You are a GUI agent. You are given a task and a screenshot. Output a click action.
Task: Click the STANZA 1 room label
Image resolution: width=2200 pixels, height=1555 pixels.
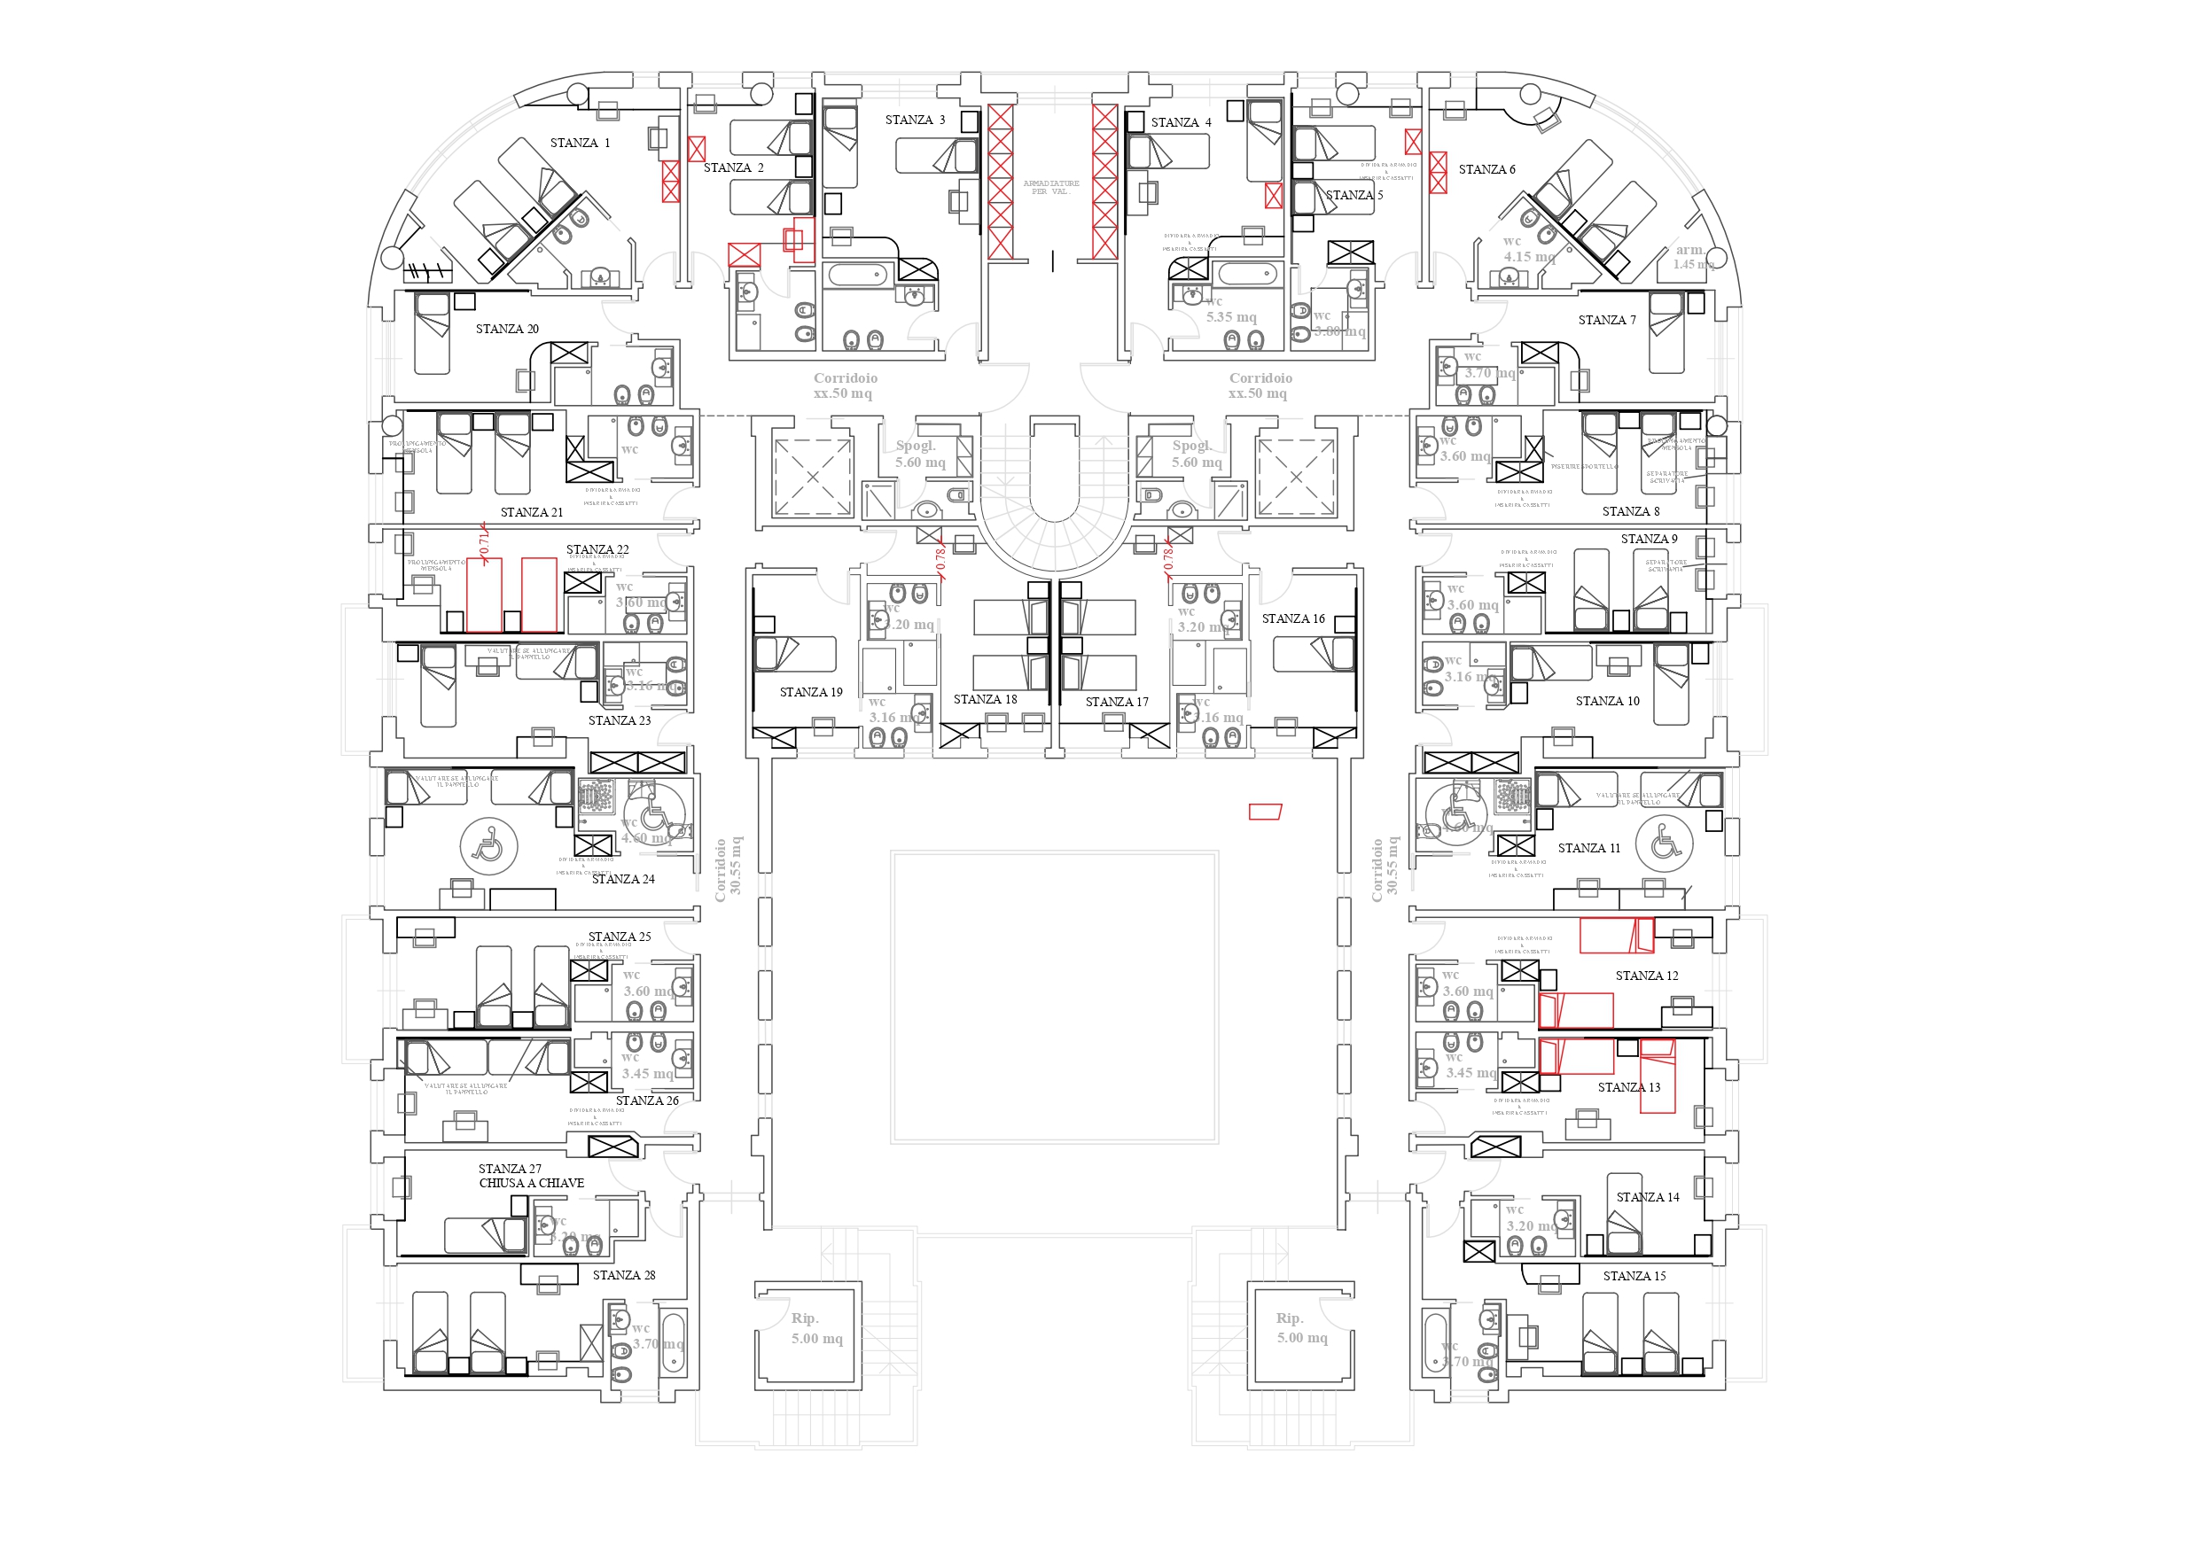point(579,143)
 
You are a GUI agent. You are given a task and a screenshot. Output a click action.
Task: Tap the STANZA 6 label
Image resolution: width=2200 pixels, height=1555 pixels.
point(1486,169)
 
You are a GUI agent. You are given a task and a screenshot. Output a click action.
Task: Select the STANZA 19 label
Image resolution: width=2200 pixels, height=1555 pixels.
point(811,692)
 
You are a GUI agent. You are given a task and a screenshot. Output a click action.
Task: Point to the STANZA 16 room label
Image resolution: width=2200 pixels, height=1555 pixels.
point(1292,619)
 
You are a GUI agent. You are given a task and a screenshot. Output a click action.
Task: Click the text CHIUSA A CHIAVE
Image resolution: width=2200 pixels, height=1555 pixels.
point(531,1183)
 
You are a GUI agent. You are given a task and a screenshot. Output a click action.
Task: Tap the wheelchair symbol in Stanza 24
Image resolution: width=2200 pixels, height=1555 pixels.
point(488,845)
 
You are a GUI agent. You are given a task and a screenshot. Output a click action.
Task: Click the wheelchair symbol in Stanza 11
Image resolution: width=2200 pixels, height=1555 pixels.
point(1666,844)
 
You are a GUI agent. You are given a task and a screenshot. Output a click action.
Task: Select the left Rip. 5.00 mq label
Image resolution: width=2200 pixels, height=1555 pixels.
point(816,1329)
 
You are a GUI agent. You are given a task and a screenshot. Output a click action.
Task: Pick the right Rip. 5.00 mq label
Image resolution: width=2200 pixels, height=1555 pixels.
point(1301,1329)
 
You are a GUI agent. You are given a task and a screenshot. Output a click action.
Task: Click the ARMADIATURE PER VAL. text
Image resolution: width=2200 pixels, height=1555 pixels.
point(1051,187)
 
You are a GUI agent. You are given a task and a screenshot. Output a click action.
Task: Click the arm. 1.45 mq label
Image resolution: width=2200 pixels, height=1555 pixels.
point(1692,257)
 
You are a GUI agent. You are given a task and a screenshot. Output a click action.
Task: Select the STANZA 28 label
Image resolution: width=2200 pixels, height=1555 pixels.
point(624,1275)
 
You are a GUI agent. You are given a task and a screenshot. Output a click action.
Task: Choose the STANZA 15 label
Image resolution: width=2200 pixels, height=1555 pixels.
point(1634,1276)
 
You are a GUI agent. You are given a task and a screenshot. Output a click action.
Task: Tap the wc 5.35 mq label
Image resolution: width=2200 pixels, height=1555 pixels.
point(1230,309)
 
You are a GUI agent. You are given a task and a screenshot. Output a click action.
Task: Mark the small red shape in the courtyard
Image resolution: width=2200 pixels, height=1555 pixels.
point(1265,812)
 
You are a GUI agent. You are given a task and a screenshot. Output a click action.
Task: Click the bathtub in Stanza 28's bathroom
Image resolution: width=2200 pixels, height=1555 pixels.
point(673,1341)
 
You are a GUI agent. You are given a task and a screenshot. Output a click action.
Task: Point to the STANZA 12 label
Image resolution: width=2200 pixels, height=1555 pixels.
point(1646,976)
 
